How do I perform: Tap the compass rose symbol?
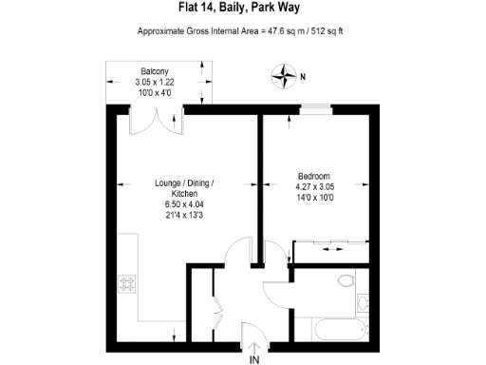284,73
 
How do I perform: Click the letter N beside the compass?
303,76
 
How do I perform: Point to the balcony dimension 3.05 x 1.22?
156,83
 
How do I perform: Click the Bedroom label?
313,177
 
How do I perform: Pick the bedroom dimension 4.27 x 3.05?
315,187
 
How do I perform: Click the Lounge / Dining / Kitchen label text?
185,188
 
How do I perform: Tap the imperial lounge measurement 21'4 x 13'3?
185,216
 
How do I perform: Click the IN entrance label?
253,360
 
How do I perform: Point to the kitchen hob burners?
127,283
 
